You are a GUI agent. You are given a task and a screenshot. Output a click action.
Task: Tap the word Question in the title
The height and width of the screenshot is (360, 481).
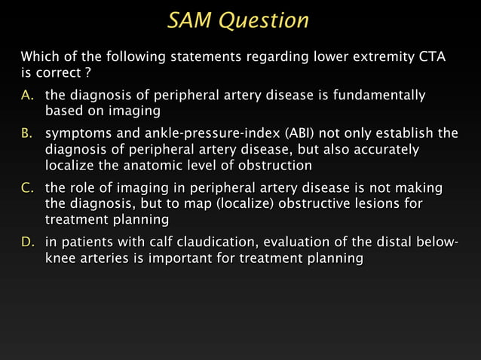(x=264, y=20)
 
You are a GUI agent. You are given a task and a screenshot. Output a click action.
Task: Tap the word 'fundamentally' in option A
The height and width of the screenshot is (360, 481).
(x=381, y=96)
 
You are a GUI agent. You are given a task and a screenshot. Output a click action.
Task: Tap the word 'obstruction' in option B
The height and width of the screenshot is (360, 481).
(x=274, y=165)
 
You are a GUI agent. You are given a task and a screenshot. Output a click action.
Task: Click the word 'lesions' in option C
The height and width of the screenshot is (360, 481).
(x=369, y=203)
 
